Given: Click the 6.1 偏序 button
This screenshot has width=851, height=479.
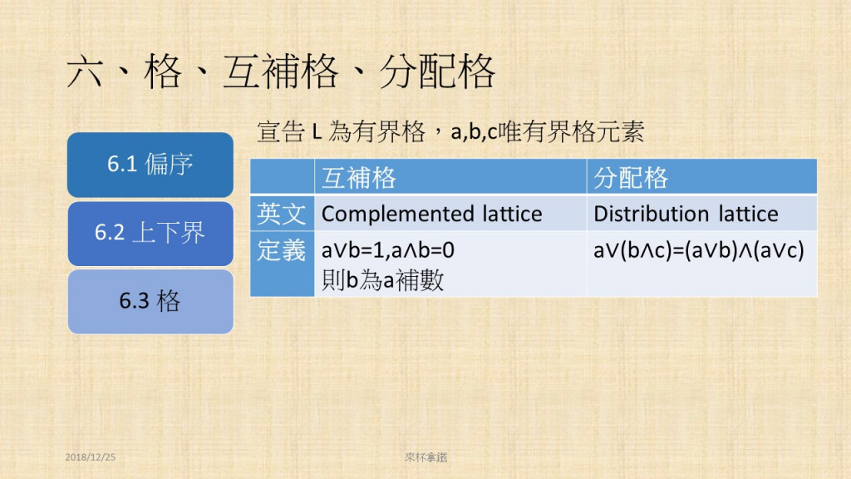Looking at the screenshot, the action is pos(150,165).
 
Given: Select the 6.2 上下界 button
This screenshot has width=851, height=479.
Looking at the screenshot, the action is pos(150,234).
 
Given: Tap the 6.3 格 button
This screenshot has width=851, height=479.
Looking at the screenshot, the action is pos(150,301).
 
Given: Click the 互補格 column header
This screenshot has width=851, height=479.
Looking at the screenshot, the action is pos(450,177).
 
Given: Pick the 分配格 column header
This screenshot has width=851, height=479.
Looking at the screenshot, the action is pos(701,177).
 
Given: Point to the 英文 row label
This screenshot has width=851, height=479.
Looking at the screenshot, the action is pos(282,214).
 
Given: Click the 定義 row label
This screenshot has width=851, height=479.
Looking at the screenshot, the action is pos(282,250).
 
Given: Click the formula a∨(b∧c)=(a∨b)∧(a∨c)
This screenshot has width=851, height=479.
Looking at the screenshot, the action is pos(699,250).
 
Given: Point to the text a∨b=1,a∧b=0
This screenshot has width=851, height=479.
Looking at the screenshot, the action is pos(388,250).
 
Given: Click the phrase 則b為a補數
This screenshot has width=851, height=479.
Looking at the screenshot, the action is pos(382,280).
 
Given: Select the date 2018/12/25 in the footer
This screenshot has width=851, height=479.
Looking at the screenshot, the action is pos(90,457).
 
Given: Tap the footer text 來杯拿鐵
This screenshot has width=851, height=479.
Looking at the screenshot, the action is pos(426,457).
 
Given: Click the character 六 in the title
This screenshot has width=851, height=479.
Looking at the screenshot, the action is pos(85,72).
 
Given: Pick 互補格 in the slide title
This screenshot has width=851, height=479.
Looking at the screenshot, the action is pos(281,72).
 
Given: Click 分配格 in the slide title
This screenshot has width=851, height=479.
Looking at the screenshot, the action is pos(437,72).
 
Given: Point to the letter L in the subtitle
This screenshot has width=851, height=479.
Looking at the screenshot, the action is pos(317,131).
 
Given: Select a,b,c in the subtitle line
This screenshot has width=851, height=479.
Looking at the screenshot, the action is pos(474,132).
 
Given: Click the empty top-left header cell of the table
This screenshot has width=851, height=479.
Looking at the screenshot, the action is pos(283,176).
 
